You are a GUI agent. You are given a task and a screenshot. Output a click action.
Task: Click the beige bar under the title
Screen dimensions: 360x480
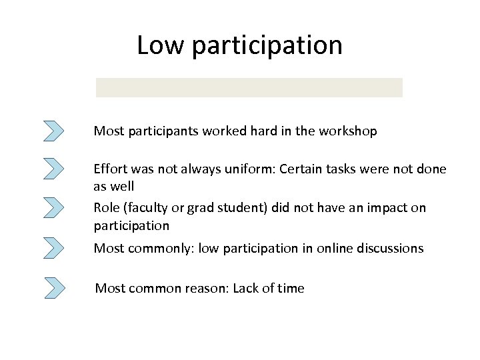point(249,87)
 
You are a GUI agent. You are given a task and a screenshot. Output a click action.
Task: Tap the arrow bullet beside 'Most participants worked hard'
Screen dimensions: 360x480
point(53,131)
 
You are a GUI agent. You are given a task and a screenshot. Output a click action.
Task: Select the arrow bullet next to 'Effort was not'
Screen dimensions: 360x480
point(53,168)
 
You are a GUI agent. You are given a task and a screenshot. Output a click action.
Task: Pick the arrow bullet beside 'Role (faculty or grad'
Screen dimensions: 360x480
point(53,207)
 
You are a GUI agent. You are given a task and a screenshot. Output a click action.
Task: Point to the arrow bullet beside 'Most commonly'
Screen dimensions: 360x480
point(53,248)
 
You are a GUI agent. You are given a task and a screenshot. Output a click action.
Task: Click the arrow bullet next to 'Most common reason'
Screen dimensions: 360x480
point(55,288)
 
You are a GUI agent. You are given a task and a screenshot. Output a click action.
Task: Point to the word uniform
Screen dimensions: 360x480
point(249,169)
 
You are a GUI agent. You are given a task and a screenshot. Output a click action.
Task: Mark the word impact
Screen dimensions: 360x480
point(387,208)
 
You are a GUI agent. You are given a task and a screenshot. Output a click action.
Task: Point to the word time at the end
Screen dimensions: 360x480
point(291,289)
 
